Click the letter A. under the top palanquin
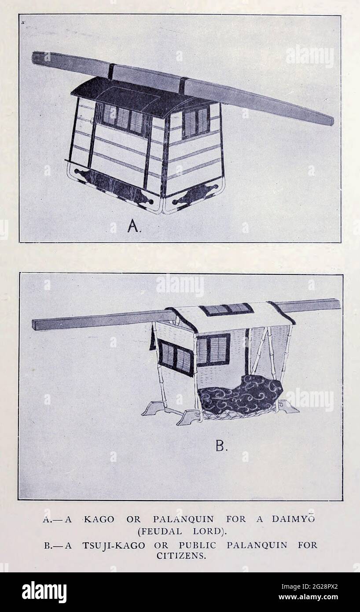pos(134,226)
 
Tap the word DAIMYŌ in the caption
pos(293,519)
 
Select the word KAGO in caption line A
pos(99,520)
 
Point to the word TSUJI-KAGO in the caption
pos(114,546)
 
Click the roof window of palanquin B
pos(227,309)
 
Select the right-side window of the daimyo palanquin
pos(196,122)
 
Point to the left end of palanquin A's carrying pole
pos(33,58)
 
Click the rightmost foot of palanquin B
pos(289,408)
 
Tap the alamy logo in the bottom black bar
pos(44,591)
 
